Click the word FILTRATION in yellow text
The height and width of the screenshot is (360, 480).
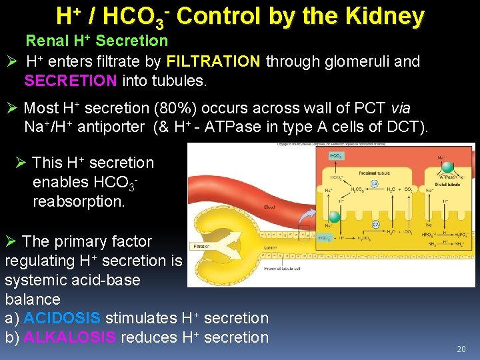pos(213,62)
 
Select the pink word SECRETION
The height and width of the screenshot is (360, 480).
pos(71,81)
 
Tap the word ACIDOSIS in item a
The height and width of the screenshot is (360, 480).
pos(62,319)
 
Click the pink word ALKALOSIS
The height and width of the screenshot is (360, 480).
pos(69,338)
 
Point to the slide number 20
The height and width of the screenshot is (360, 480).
pos(461,349)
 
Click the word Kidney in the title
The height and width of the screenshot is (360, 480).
pos(387,16)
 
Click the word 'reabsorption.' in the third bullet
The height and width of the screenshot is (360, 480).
pos(79,201)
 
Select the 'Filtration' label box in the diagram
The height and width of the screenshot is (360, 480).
pos(201,246)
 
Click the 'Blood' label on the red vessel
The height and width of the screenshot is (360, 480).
pos(269,207)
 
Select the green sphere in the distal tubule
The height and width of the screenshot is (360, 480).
pos(448,168)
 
